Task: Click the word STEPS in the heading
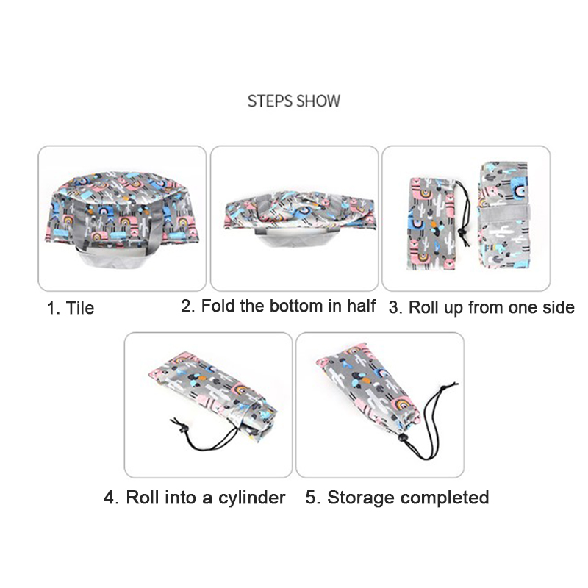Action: (269, 101)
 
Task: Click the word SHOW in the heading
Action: (318, 101)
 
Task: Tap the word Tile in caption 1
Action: (80, 308)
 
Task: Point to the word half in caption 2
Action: (361, 306)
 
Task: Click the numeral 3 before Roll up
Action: (393, 308)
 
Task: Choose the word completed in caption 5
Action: (445, 498)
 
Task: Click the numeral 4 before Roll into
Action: (109, 498)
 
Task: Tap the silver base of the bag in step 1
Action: (112, 259)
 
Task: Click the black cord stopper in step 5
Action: (403, 437)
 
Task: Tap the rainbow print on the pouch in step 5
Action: (404, 405)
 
